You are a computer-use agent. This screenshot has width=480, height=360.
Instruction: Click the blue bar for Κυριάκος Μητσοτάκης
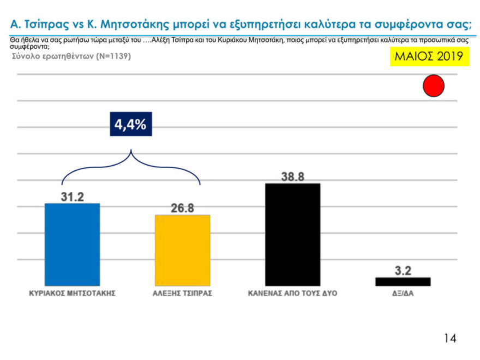pos(72,244)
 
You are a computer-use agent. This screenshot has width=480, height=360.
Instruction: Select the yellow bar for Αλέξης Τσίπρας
pos(182,250)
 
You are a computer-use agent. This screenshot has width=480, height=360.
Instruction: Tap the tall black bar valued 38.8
pos(292,235)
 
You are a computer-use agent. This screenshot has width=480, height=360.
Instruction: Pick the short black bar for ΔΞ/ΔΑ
pos(403,281)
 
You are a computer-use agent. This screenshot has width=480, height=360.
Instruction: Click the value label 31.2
pos(72,196)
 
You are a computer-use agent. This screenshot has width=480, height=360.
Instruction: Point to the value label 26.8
pos(182,208)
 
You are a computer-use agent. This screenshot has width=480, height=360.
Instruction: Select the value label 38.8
pos(292,177)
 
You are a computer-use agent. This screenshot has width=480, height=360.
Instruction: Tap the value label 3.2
pos(403,270)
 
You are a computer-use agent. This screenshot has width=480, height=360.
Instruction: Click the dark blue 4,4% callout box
pos(130,124)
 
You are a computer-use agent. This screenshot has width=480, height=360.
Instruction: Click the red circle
pos(434,87)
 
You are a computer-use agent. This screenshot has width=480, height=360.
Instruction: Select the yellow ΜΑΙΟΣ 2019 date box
pos(429,56)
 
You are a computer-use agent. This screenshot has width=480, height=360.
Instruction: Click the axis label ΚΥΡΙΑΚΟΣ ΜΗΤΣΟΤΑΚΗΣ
pos(72,293)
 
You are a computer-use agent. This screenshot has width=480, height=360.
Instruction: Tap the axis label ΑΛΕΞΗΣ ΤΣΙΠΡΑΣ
pos(182,293)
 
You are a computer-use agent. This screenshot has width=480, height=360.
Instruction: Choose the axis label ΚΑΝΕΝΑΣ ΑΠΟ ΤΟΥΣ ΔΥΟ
pos(292,293)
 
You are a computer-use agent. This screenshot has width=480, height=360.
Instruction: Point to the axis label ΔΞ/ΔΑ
pos(403,293)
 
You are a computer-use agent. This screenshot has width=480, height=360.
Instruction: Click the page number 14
pos(449,338)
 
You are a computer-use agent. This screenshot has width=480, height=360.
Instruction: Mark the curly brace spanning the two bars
pos(131,164)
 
